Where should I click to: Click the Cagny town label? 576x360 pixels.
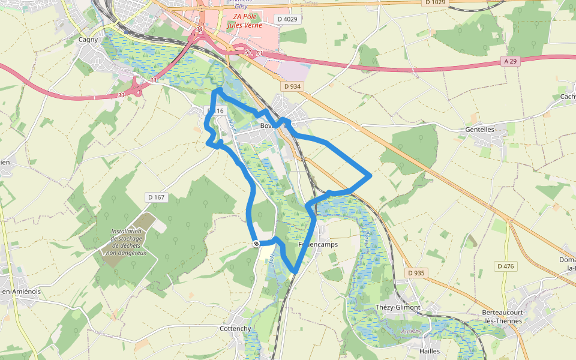[88, 40]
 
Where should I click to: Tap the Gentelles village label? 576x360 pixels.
[480, 129]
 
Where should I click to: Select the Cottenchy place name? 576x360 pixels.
[235, 329]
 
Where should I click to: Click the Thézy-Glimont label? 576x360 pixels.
[398, 307]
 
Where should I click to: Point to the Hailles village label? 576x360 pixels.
[430, 351]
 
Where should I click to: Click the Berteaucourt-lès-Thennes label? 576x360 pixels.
[502, 317]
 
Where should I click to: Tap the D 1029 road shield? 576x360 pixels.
[436, 3]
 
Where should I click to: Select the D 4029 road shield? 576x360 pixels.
[287, 19]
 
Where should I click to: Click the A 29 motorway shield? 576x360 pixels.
[511, 61]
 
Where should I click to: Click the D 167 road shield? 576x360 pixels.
[155, 197]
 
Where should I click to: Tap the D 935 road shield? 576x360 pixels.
[416, 273]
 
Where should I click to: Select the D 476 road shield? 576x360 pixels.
[506, 266]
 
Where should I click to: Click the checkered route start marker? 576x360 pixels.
[256, 243]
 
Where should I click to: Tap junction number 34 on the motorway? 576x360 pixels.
[199, 29]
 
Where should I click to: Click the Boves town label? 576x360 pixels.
[268, 125]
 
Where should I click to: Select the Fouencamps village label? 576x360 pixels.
[319, 245]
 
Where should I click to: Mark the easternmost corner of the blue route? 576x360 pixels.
[370, 176]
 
